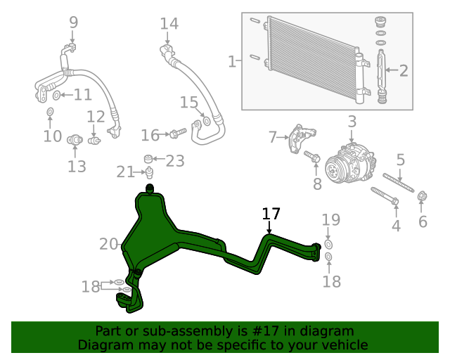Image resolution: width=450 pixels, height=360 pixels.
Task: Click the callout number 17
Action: click(x=271, y=213)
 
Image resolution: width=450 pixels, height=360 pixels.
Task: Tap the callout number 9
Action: click(x=74, y=23)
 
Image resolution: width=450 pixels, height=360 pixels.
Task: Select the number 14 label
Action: click(x=169, y=24)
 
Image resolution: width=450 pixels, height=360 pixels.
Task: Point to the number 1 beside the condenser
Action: click(x=232, y=62)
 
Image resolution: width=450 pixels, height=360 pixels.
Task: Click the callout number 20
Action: click(x=109, y=244)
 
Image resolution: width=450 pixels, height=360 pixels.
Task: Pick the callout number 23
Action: click(x=174, y=161)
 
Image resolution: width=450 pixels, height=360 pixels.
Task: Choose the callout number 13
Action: click(x=77, y=166)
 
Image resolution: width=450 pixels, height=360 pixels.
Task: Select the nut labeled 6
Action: click(x=423, y=196)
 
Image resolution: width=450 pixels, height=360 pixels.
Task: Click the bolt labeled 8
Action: click(x=313, y=160)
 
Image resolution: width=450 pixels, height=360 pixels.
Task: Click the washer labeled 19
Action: click(x=328, y=244)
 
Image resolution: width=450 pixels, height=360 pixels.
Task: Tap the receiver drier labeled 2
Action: click(x=382, y=72)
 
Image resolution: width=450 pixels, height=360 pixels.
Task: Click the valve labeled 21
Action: click(x=149, y=172)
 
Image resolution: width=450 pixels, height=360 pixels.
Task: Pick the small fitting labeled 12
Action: click(x=95, y=139)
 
